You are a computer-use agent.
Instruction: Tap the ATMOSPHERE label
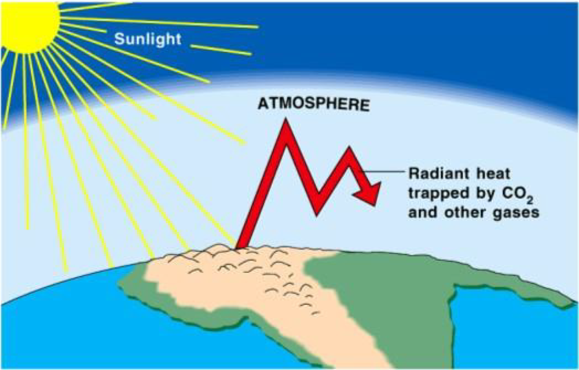tap(313, 104)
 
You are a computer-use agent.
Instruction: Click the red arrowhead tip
tap(375, 205)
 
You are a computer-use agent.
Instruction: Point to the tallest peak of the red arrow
tap(285, 120)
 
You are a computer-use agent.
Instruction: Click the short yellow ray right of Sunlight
tap(221, 50)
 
